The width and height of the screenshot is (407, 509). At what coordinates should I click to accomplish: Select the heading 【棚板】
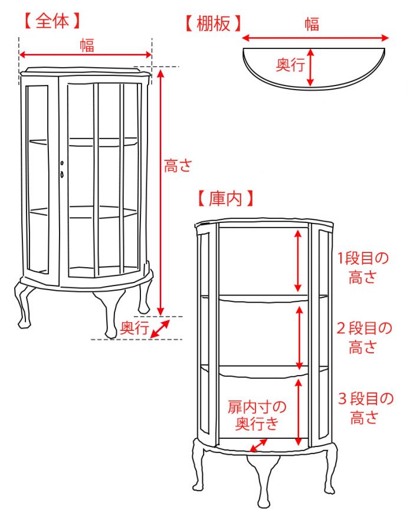(212, 24)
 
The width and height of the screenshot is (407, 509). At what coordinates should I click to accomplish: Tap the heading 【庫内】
(225, 198)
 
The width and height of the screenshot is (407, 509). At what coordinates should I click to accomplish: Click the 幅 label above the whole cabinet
(87, 45)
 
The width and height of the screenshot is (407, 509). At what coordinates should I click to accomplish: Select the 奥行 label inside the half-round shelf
(291, 65)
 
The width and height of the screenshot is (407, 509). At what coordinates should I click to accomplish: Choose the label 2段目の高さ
(363, 337)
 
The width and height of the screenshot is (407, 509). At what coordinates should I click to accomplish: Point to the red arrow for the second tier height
(300, 336)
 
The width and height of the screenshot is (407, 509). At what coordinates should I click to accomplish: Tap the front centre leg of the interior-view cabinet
(262, 478)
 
